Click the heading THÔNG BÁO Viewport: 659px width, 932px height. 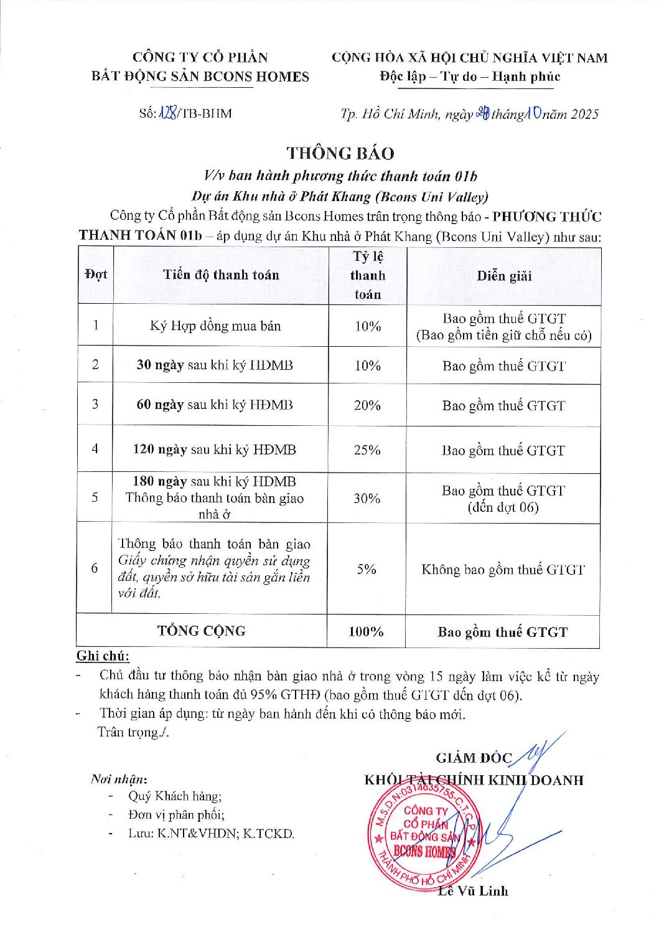(x=340, y=153)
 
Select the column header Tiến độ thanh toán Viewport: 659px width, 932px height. (x=221, y=275)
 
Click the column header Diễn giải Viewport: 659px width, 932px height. (x=504, y=276)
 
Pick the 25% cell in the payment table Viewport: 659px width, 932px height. (x=367, y=450)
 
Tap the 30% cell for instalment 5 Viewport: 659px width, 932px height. (x=367, y=498)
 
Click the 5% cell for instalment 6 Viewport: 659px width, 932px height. (x=367, y=568)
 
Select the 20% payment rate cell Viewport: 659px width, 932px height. (x=367, y=405)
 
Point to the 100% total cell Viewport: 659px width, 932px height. (x=366, y=631)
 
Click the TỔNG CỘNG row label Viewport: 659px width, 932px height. (x=201, y=631)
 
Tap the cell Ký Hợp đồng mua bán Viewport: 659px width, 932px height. (x=215, y=326)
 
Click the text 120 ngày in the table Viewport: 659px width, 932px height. (x=159, y=450)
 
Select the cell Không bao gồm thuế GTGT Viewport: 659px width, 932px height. (x=503, y=569)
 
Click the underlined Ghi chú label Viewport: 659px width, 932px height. (x=103, y=656)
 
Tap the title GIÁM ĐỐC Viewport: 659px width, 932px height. (x=474, y=758)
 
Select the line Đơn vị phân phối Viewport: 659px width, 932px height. (x=176, y=814)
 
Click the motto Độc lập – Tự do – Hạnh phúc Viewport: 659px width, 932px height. (x=470, y=77)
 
